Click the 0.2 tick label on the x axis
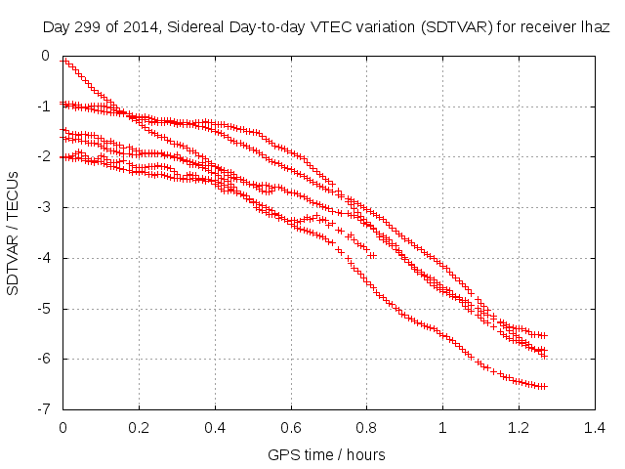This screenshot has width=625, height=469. (139, 427)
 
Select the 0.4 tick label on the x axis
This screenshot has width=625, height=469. (215, 427)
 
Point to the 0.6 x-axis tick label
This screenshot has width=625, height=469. (291, 427)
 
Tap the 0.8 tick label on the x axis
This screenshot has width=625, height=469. (366, 427)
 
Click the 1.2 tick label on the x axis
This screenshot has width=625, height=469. (519, 427)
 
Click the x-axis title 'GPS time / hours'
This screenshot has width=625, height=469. (327, 454)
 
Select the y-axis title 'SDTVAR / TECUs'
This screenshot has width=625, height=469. (14, 233)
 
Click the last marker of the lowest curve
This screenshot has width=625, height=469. (544, 386)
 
